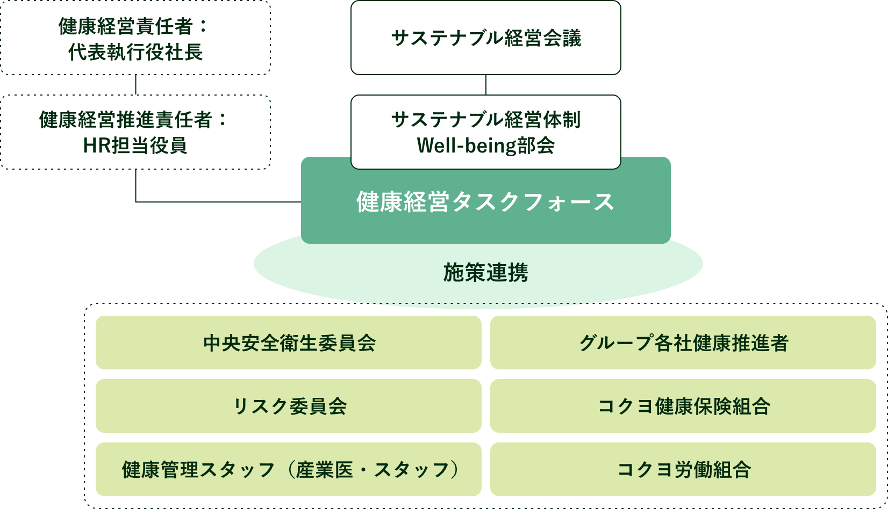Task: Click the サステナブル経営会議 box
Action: pos(485,38)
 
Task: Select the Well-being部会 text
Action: pos(485,146)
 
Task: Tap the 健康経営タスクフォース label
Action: pos(485,202)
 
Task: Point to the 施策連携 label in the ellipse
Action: pos(485,273)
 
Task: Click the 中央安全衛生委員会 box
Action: pos(289,343)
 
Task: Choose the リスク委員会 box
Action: pos(289,406)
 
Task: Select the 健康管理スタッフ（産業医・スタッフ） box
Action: pos(289,469)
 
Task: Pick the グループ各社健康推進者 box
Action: pos(683,343)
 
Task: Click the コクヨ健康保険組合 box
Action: pos(683,406)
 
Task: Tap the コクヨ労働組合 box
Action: pos(683,469)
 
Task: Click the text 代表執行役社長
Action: pos(135,52)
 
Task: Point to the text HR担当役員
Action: pos(135,146)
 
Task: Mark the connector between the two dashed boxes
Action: pos(135,85)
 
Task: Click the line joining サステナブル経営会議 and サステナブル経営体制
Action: pos(486,85)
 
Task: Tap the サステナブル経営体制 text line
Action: pos(485,120)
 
